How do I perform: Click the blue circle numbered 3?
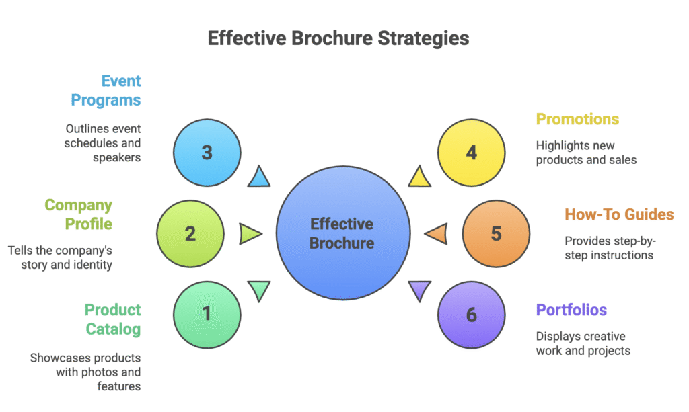[207, 153]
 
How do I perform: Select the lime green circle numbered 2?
[190, 233]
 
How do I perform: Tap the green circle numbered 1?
[207, 314]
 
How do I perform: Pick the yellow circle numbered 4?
[471, 153]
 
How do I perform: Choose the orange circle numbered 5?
[496, 233]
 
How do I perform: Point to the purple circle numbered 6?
[471, 314]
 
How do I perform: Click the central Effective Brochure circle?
[342, 233]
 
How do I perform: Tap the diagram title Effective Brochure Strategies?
[338, 38]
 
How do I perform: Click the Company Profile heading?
[79, 214]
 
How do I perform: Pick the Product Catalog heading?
[112, 319]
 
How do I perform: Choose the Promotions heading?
[577, 120]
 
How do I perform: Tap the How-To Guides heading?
[619, 215]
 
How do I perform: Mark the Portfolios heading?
[571, 310]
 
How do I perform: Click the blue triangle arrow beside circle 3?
[259, 177]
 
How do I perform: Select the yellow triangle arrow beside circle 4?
[419, 177]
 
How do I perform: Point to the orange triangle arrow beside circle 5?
[437, 233]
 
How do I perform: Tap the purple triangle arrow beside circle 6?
[419, 290]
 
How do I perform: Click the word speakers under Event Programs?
[117, 157]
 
